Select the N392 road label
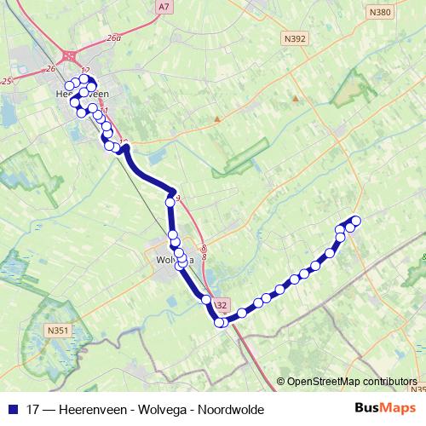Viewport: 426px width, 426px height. (x=296, y=38)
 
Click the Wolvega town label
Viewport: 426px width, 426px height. (x=176, y=259)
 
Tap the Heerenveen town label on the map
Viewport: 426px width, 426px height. (x=82, y=95)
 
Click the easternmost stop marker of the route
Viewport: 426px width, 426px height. (x=356, y=221)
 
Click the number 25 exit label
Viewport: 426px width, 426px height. (x=7, y=81)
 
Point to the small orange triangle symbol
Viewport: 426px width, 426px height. (x=296, y=98)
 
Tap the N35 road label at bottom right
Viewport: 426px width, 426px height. (x=417, y=390)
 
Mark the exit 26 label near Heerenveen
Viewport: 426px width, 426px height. (x=50, y=68)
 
